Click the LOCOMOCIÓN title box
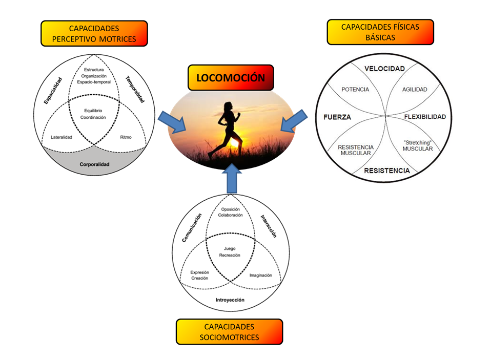[x=230, y=78]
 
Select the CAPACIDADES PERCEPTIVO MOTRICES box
[x=94, y=33]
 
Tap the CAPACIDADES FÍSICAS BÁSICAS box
[x=380, y=32]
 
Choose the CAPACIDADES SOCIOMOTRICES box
[x=229, y=331]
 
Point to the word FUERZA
[x=337, y=117]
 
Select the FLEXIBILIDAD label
[x=425, y=117]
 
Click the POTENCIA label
[x=355, y=89]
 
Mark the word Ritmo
[x=126, y=137]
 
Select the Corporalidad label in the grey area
[x=95, y=164]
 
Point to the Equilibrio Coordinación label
[x=95, y=114]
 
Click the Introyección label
[x=230, y=300]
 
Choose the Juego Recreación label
[x=230, y=251]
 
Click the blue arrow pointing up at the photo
[x=232, y=179]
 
